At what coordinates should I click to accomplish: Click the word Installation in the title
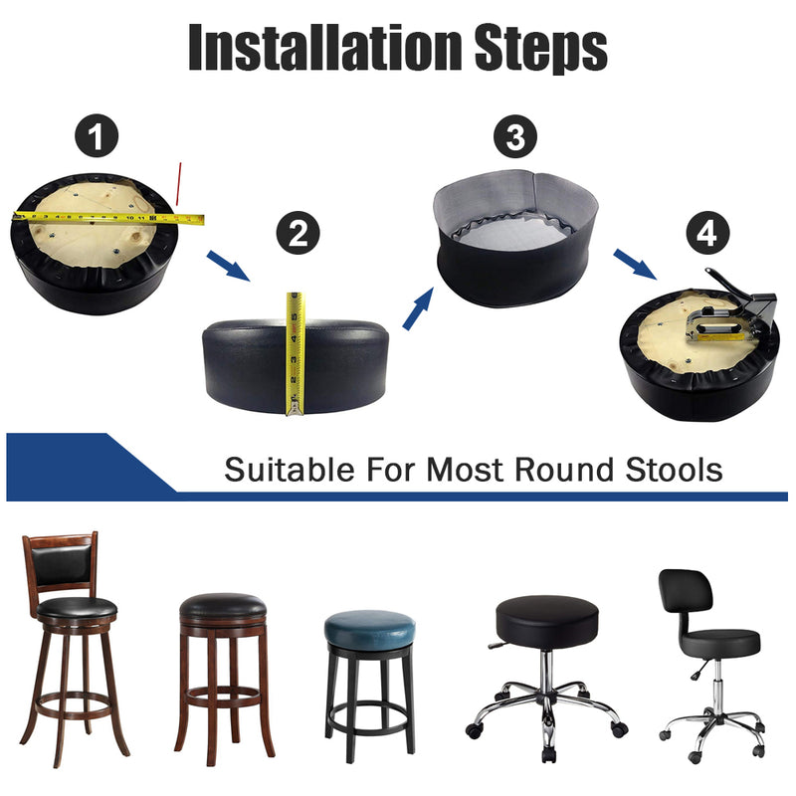(325, 47)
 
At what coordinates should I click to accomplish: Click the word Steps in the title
(541, 49)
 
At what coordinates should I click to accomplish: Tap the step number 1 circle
(97, 135)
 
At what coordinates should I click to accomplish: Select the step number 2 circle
(298, 233)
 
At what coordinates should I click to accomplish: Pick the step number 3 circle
(515, 136)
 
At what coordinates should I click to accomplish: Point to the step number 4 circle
(707, 233)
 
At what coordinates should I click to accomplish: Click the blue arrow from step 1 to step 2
(229, 266)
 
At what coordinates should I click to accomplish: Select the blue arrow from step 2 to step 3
(418, 308)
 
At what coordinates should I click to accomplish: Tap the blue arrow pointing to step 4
(636, 264)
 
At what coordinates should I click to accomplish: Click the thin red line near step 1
(178, 184)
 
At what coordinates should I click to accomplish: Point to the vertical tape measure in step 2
(295, 354)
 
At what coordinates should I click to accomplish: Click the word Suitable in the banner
(290, 470)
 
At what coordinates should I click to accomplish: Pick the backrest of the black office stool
(686, 592)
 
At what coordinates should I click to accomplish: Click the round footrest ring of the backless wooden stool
(223, 697)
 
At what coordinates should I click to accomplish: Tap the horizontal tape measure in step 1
(108, 218)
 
